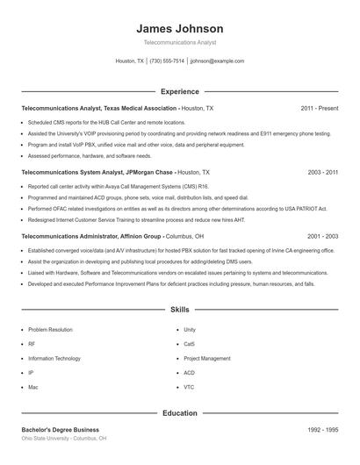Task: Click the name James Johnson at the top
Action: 180,28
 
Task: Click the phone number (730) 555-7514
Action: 167,61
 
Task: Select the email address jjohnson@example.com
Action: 217,61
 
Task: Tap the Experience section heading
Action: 180,91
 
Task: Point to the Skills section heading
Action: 180,310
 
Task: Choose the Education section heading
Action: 180,412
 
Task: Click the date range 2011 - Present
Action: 319,108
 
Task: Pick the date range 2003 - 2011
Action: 322,173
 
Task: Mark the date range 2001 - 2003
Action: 322,237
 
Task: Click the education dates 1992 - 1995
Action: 322,429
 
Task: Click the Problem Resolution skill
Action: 50,330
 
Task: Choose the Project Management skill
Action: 206,358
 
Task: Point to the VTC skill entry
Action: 190,386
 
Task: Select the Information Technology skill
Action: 55,358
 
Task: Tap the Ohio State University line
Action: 63,438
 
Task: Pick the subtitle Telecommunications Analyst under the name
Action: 180,42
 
